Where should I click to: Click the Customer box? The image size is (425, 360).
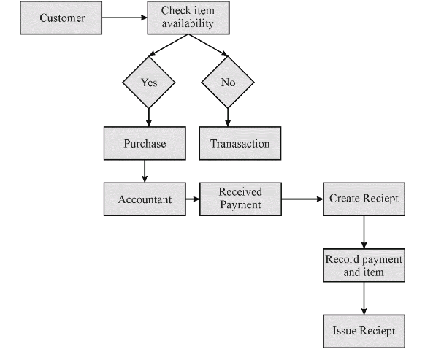(61, 18)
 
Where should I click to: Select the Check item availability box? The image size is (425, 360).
(188, 18)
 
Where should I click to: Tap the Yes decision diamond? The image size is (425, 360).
(149, 82)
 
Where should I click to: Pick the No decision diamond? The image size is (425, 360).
(228, 82)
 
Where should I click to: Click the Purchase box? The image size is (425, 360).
(145, 143)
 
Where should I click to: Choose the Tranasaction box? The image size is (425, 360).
(240, 143)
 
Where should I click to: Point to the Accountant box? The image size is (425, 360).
(145, 199)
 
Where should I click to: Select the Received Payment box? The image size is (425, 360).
(240, 199)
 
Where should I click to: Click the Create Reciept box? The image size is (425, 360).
(364, 199)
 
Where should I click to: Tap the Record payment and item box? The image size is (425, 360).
(364, 265)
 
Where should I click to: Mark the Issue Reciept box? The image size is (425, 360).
(364, 332)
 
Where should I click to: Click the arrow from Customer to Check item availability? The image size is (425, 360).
(125, 18)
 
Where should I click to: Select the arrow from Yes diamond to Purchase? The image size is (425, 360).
(149, 118)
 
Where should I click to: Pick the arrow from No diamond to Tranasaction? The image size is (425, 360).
(228, 118)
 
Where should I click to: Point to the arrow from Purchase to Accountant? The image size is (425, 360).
(145, 171)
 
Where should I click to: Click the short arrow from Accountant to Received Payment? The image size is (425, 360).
(193, 199)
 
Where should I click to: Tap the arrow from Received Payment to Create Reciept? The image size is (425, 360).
(302, 199)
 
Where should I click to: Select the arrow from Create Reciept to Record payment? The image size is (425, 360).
(364, 232)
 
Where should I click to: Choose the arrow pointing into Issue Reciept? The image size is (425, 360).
(364, 298)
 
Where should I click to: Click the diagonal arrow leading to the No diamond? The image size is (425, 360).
(208, 45)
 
